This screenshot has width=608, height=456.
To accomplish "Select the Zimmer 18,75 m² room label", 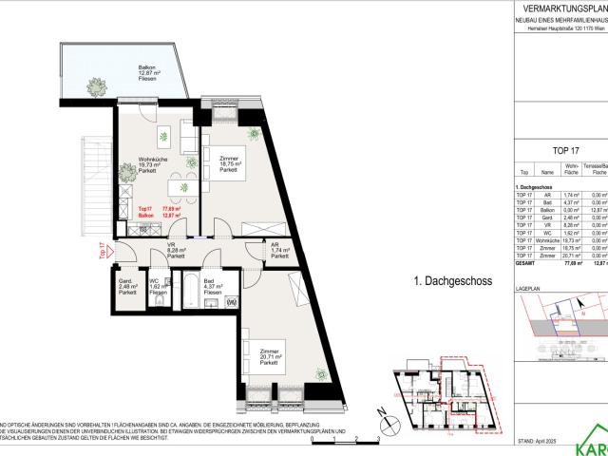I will coord(227,163).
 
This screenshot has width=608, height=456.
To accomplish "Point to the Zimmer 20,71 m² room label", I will coord(267,357).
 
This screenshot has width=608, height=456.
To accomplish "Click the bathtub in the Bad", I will coord(189,292).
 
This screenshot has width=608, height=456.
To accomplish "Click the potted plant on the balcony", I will coord(97,86).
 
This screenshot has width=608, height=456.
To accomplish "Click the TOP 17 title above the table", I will coord(565,150).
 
